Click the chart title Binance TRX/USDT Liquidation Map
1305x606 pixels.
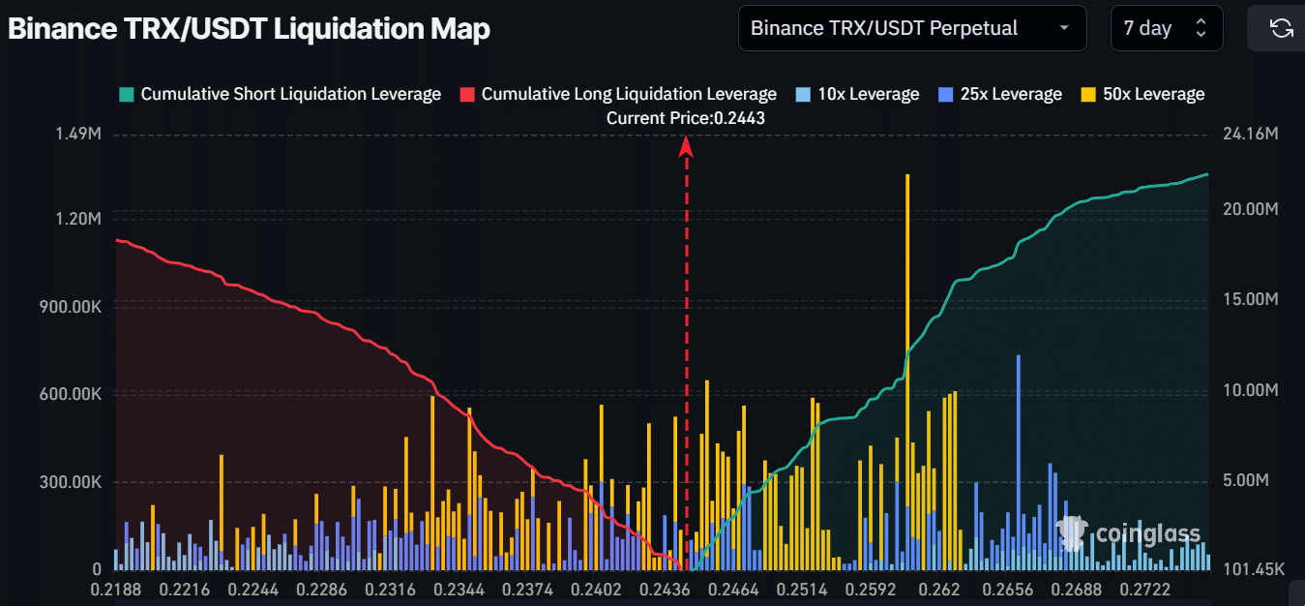(249, 29)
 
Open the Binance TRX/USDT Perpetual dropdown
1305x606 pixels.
(912, 28)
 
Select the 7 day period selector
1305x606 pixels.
(1167, 28)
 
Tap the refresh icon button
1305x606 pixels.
(1281, 28)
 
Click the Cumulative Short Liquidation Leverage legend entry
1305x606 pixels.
(280, 94)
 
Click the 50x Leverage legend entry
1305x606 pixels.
(1142, 94)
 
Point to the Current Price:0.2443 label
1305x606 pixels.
(686, 117)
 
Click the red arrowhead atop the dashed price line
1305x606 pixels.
(686, 146)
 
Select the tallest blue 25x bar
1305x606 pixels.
(1019, 455)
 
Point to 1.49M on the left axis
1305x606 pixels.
(79, 134)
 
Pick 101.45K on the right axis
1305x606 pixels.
(1255, 569)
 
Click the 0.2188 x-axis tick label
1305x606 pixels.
(116, 590)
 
